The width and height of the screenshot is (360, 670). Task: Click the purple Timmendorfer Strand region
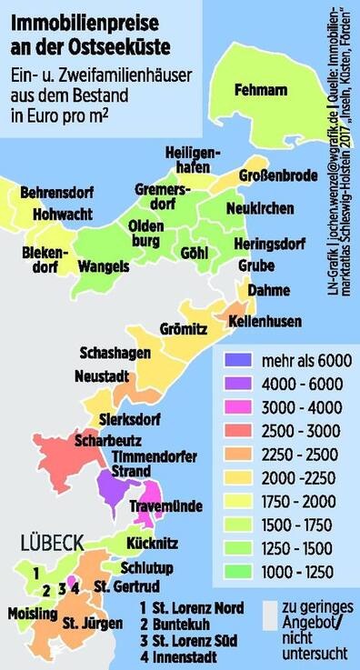115,487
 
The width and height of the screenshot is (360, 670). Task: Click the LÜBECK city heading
47,543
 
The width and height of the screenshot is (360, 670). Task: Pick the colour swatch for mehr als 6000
232,360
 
